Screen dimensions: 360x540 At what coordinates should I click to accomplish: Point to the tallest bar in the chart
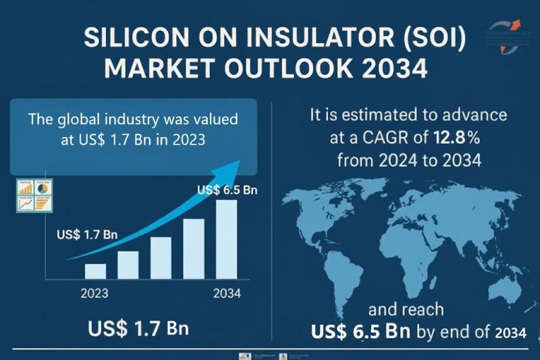pos(226,240)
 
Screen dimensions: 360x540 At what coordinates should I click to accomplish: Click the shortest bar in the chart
pos(95,271)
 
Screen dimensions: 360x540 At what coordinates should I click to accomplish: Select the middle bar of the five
pos(161,257)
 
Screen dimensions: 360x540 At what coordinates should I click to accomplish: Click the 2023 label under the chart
pos(94,294)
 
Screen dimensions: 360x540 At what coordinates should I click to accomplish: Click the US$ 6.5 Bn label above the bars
pos(227,190)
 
